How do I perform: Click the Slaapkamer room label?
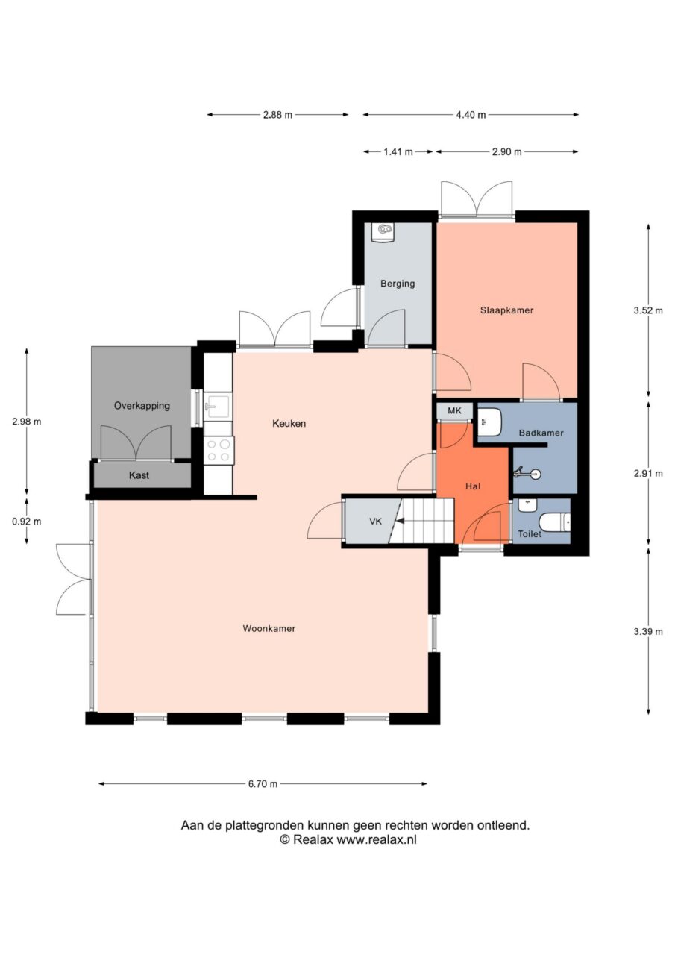coord(506,310)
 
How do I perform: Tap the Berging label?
coord(397,284)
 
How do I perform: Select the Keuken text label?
coord(289,424)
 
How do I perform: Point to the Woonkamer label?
coord(269,628)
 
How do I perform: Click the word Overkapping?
coord(142,406)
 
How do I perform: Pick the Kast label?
coord(139,475)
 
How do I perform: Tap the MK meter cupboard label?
coord(454,411)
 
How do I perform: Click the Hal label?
coord(473,486)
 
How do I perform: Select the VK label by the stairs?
coord(375,521)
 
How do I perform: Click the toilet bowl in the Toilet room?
coord(554,522)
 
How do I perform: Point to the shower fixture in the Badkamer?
coord(528,473)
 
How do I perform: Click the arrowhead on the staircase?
coord(400,521)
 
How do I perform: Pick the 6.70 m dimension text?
coord(263,783)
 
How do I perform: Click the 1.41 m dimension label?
coord(398,151)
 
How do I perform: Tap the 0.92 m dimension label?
coord(26,521)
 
